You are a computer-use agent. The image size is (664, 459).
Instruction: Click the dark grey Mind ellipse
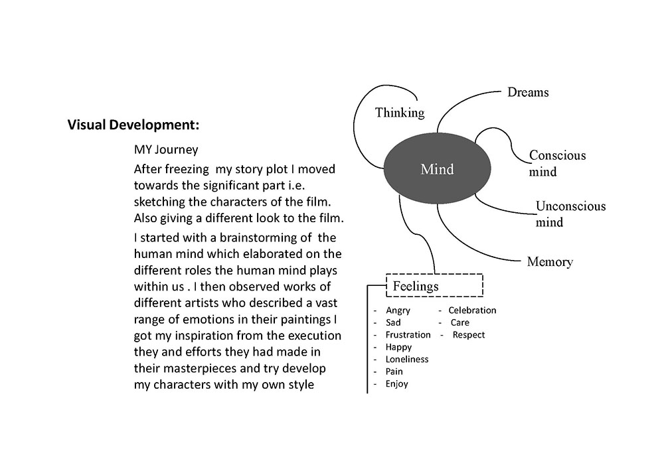437,169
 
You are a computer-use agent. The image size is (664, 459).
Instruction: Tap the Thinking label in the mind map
400,113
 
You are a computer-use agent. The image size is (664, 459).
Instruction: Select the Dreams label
528,92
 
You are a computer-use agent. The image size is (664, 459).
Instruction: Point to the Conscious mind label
557,163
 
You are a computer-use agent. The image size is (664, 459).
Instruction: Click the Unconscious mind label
570,214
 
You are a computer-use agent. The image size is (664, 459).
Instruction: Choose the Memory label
550,261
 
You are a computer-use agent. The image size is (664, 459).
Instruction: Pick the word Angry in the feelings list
398,310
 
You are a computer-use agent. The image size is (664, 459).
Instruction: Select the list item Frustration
408,335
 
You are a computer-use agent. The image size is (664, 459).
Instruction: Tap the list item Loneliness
406,360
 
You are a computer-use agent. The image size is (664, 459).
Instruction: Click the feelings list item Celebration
472,310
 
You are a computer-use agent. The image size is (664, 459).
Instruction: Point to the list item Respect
469,335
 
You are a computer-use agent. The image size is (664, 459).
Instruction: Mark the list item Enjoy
396,384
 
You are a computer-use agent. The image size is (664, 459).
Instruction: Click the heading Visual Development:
133,125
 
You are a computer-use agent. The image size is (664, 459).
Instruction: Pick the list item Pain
394,371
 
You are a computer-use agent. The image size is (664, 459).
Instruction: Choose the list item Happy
398,347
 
